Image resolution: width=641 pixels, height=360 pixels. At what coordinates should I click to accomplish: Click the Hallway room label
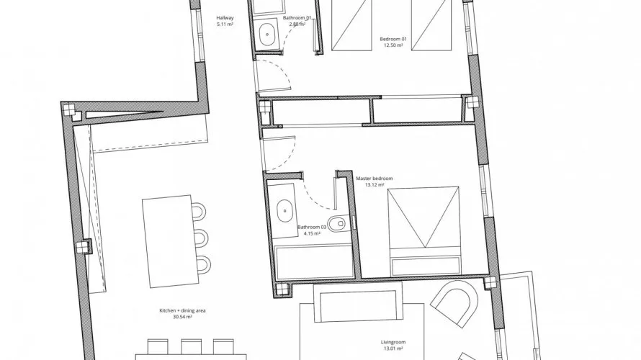pos(225,18)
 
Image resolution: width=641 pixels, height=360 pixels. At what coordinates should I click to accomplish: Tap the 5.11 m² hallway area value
pos(225,24)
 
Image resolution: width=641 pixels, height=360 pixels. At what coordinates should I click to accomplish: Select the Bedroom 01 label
pos(393,39)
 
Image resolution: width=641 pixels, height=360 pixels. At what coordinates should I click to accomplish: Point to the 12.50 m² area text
pos(393,45)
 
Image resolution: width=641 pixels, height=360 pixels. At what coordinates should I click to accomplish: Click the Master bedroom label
pos(374,179)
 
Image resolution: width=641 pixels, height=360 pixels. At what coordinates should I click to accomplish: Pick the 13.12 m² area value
pos(375,185)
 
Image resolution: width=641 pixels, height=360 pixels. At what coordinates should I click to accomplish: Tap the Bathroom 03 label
pos(312,228)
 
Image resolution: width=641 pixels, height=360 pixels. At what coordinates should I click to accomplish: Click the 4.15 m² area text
pos(312,234)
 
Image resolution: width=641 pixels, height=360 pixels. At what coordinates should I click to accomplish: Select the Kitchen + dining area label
pos(182,310)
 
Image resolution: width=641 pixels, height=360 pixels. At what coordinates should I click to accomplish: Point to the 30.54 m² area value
pos(182,317)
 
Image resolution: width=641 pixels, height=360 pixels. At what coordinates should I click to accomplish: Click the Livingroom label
pos(393,343)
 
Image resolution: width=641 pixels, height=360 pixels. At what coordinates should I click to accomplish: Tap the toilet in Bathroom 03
pos(338,223)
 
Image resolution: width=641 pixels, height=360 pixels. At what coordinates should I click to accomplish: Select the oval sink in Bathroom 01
pos(266,34)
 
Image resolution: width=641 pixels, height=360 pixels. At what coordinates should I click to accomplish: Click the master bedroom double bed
pos(425,231)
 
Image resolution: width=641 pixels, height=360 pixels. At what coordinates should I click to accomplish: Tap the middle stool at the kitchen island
pos(201,238)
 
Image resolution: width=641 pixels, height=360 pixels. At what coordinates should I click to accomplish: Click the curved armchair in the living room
pos(454,303)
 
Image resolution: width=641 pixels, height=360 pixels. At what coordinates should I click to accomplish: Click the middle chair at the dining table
pos(192,346)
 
